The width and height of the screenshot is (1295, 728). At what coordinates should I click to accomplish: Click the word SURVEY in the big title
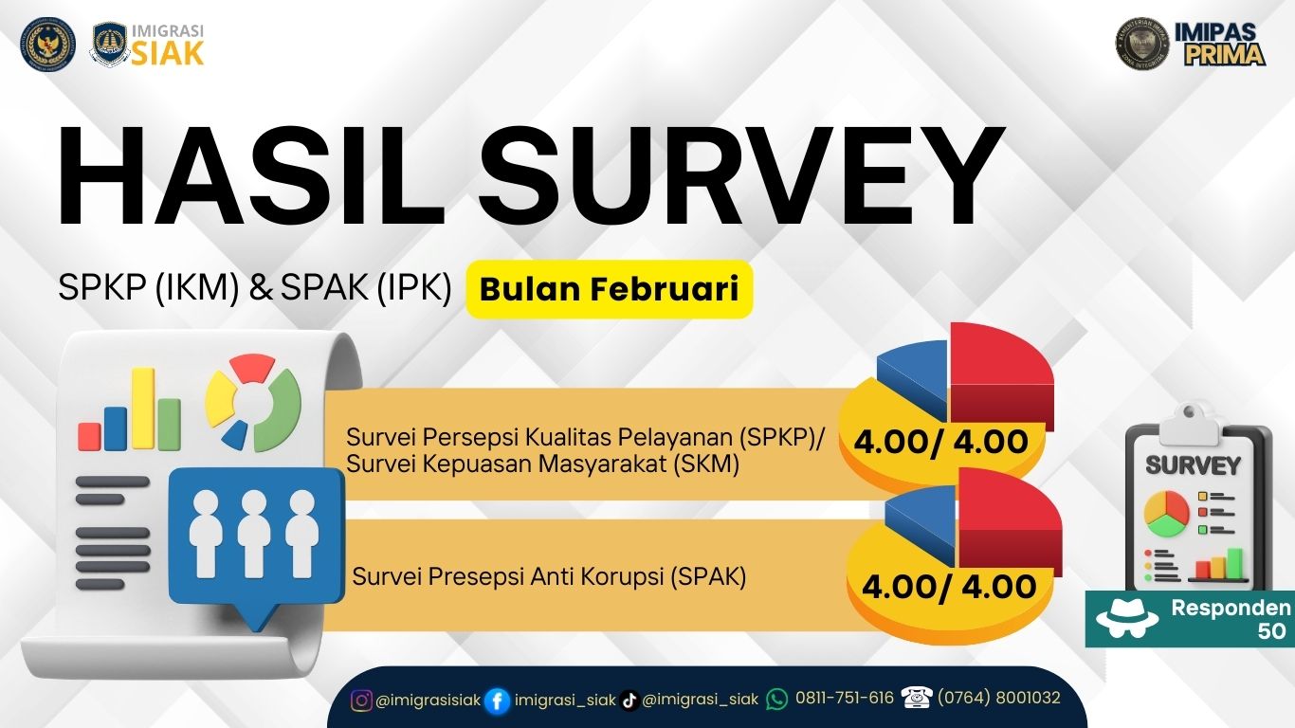click(x=740, y=176)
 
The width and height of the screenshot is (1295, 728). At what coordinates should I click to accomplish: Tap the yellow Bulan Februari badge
click(x=610, y=289)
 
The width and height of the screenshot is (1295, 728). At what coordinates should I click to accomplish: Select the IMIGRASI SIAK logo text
click(x=168, y=45)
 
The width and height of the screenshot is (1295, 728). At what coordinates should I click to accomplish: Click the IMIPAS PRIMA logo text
click(x=1220, y=45)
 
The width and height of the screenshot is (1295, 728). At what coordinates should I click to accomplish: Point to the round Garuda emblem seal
click(x=48, y=44)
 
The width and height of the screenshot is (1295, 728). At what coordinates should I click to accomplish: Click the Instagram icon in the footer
click(x=361, y=701)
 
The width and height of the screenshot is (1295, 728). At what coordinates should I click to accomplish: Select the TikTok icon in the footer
click(x=629, y=701)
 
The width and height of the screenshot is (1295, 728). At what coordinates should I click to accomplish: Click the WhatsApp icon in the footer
click(x=777, y=700)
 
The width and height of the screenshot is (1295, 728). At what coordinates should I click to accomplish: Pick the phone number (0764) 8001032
click(x=999, y=698)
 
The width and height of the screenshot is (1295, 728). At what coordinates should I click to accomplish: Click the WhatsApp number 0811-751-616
click(x=845, y=698)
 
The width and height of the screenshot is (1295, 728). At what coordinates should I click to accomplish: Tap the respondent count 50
click(x=1272, y=631)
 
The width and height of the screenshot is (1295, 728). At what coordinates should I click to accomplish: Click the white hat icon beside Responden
click(x=1127, y=619)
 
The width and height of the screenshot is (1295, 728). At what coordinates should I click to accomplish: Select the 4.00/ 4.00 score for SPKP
click(x=941, y=443)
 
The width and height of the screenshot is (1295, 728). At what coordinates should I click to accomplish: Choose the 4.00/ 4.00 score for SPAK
click(x=949, y=587)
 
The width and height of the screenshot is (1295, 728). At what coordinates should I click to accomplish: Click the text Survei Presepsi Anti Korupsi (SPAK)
click(x=549, y=576)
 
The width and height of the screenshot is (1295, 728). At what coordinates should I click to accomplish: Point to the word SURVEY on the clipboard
click(x=1194, y=465)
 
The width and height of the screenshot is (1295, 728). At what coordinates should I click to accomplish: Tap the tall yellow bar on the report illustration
click(x=143, y=409)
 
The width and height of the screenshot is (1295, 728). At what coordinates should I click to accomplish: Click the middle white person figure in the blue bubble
click(x=254, y=535)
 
